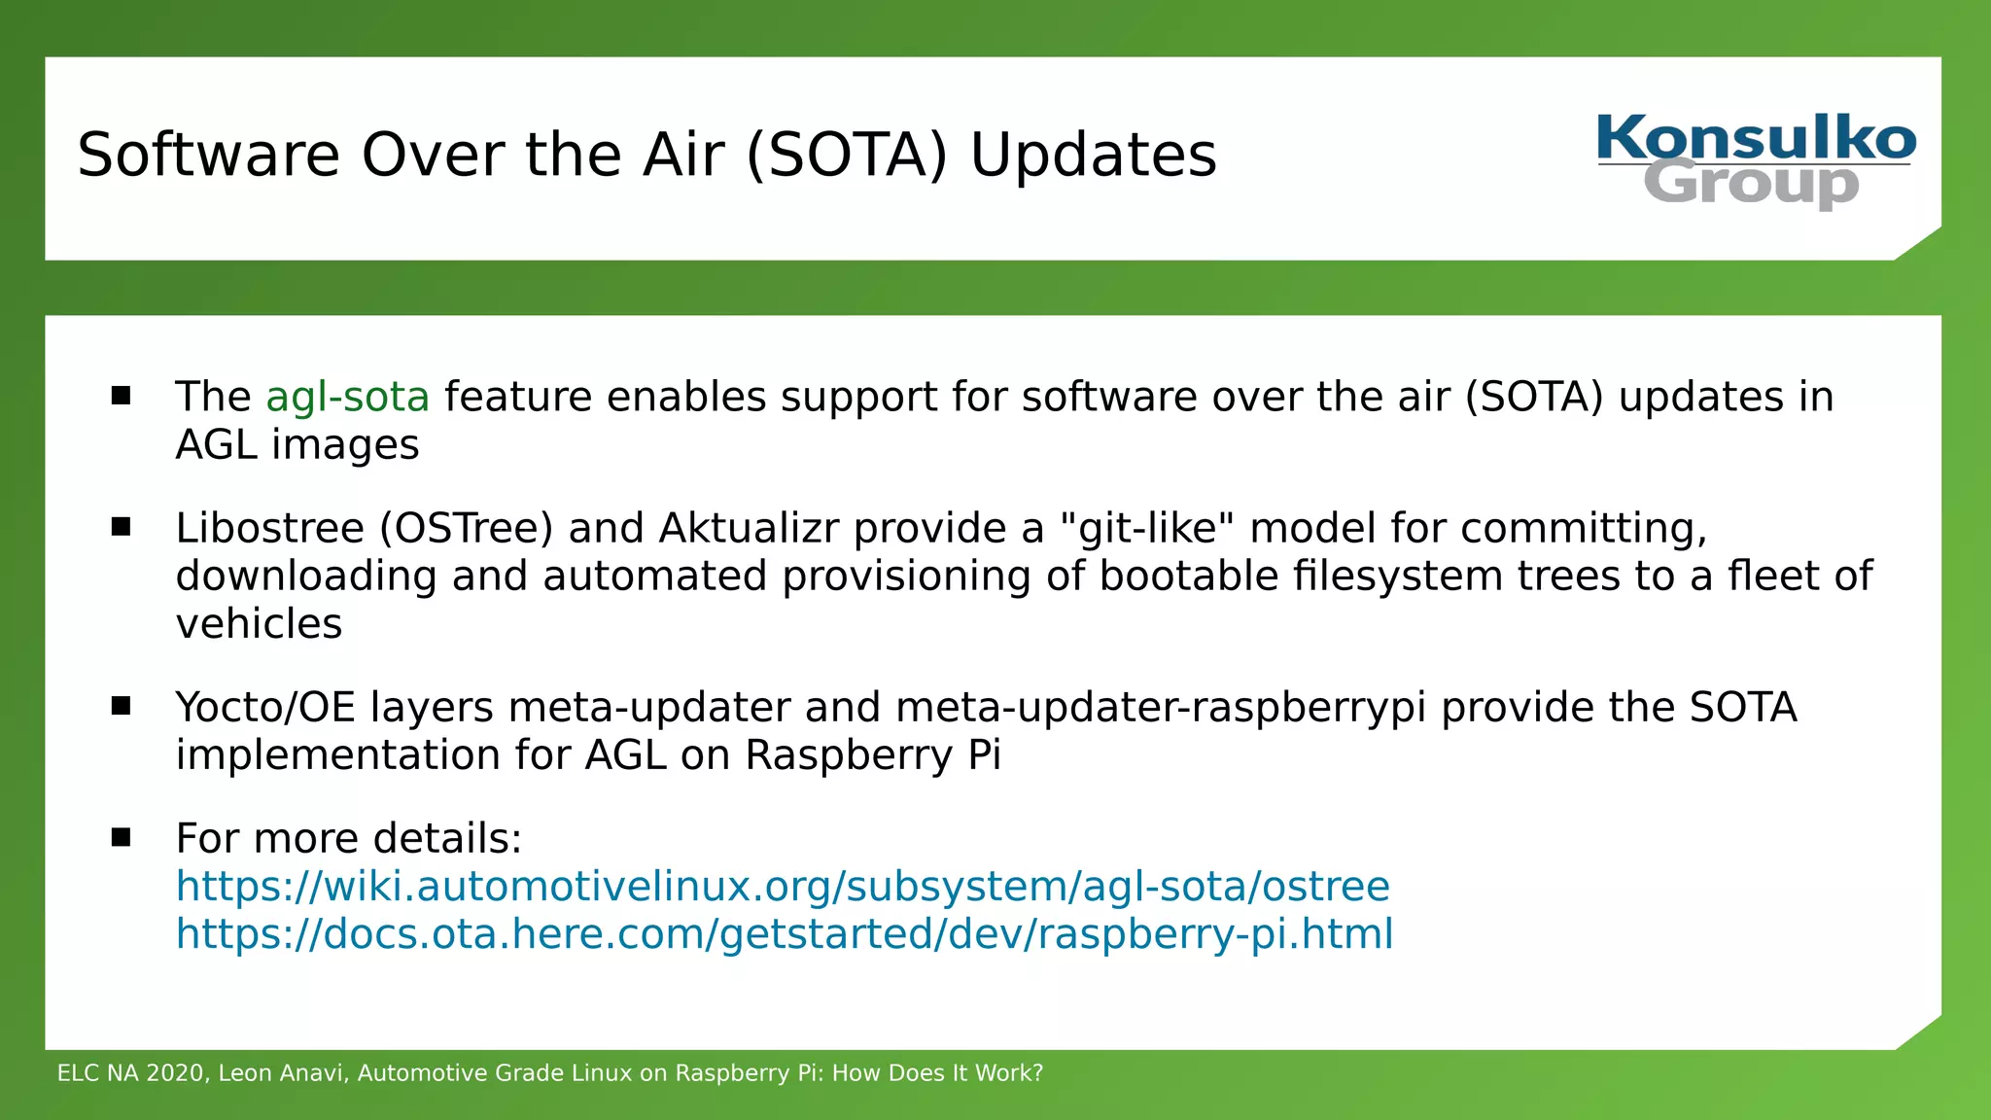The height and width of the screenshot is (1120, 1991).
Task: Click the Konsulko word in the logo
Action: tap(1756, 138)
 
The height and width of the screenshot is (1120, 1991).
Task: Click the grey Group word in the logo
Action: tap(1751, 185)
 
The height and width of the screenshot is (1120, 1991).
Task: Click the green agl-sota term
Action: tap(347, 397)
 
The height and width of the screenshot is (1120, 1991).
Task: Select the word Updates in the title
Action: tap(1093, 156)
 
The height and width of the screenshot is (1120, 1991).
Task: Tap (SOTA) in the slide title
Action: tap(846, 156)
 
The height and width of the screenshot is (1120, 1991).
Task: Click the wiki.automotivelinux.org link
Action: tap(783, 887)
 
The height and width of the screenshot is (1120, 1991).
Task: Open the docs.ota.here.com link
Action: tap(785, 934)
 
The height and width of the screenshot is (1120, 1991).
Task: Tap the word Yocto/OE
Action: tap(265, 707)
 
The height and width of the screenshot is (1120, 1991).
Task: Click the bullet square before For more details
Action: tap(121, 837)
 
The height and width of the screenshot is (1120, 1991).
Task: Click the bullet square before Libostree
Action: tap(121, 527)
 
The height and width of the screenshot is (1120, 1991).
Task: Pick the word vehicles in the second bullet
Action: tap(259, 624)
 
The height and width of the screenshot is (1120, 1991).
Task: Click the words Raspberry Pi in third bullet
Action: tap(872, 755)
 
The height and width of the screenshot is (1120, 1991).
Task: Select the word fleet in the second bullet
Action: tap(1772, 576)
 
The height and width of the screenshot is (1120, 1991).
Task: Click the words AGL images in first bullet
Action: tap(297, 445)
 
